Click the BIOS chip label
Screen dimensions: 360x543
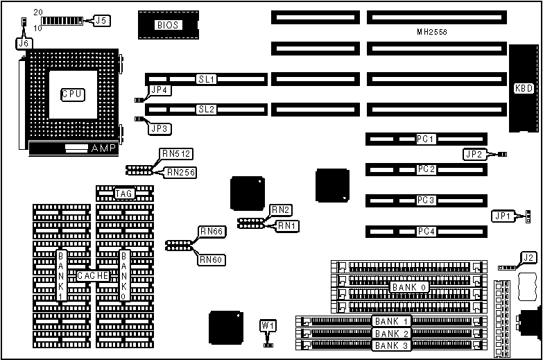point(168,25)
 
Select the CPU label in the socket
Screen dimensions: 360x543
point(73,94)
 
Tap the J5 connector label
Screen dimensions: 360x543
point(101,21)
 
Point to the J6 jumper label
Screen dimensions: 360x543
point(24,43)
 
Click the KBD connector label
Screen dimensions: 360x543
point(523,89)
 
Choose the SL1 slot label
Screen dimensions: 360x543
point(207,80)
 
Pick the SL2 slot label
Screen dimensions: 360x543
point(207,109)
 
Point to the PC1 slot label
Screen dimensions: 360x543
point(426,139)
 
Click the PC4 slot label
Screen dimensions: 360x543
point(426,232)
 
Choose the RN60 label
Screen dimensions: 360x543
point(211,259)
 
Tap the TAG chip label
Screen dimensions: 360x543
point(124,194)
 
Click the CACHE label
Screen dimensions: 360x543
point(93,275)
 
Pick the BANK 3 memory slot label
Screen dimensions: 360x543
point(392,345)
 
